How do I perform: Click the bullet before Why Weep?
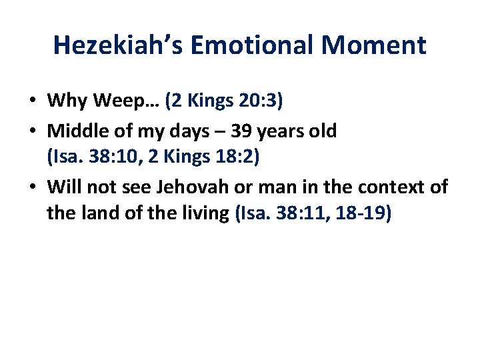tap(33, 101)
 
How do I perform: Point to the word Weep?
tap(118, 101)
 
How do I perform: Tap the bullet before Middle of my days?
tap(33, 130)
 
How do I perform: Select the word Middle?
tap(75, 130)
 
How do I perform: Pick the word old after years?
tap(323, 130)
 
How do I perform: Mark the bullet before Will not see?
tap(33, 187)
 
